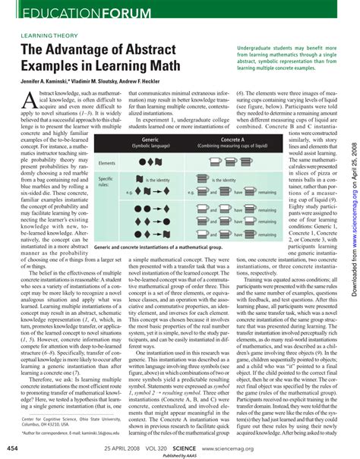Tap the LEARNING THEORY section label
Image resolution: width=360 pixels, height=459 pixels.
47,36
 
